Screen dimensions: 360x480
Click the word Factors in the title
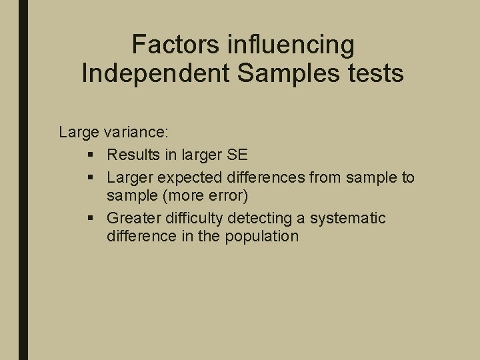[x=175, y=45]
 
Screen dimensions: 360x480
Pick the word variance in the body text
[x=130, y=132]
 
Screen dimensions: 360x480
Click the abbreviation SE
[x=236, y=155]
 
